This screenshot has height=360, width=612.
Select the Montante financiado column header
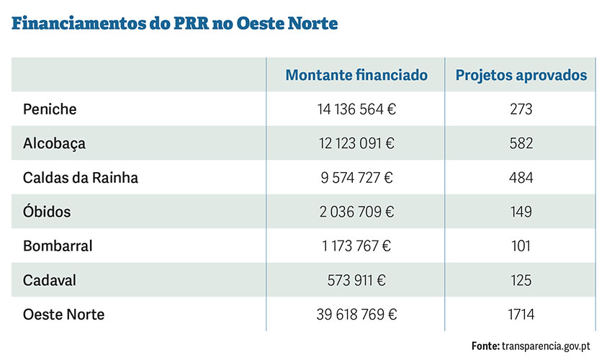point(356,75)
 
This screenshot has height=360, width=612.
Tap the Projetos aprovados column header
point(521,75)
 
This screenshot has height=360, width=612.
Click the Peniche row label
point(50,109)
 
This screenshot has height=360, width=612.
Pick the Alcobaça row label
point(54,143)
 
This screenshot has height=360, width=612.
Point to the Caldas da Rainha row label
point(80,178)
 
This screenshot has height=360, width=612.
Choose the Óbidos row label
point(47,212)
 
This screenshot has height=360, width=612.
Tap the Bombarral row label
point(58,246)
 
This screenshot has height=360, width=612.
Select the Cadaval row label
point(50,280)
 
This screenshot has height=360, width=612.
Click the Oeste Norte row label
point(64,315)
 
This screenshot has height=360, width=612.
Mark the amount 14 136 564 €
point(356,109)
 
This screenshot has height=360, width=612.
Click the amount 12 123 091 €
point(356,143)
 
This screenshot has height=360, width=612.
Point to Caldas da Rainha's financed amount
point(356,178)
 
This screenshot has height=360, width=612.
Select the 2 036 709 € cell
point(356,212)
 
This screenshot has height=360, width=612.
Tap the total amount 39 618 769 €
point(356,315)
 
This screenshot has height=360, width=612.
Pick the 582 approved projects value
point(521,143)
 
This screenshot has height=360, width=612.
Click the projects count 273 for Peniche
point(521,109)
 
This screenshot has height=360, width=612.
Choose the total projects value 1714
point(521,315)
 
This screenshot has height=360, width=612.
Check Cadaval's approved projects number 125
point(521,280)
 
